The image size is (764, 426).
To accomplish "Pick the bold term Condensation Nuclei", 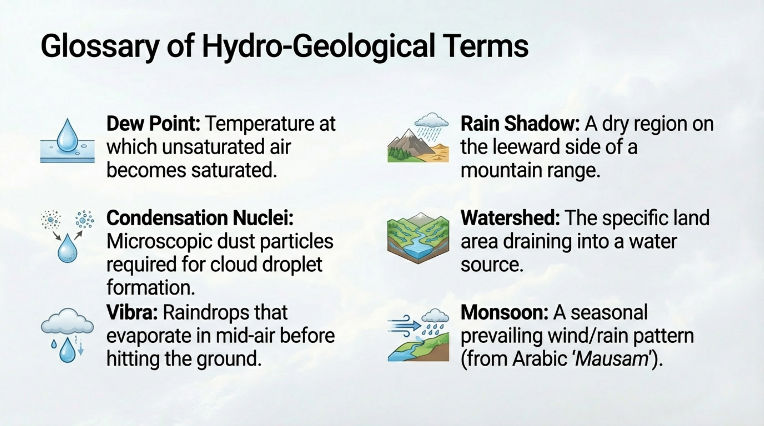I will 200,218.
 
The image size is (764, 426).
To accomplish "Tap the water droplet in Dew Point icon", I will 68,136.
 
